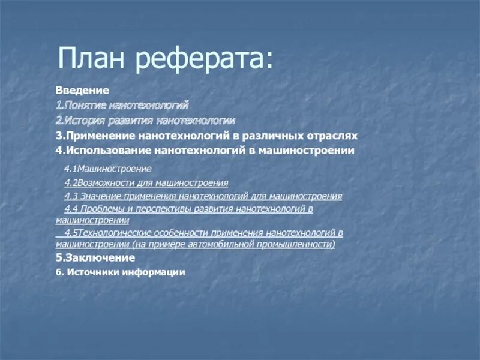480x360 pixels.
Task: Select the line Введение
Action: click(82, 91)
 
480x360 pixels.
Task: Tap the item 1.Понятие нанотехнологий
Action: click(122, 105)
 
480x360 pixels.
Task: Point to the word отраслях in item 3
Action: click(329, 136)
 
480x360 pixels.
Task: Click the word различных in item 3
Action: click(271, 136)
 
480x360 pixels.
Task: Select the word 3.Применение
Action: click(94, 136)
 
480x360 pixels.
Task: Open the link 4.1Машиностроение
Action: click(108, 169)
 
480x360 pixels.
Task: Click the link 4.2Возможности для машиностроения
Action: click(146, 182)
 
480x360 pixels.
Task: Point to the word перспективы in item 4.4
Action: click(152, 209)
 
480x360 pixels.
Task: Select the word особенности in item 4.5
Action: click(185, 233)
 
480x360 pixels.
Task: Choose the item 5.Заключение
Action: click(95, 257)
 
